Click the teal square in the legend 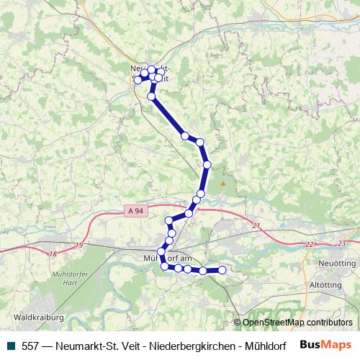[x=11, y=345]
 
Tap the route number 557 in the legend [x=31, y=345]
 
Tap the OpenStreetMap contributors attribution [x=297, y=323]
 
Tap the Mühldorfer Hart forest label [x=71, y=278]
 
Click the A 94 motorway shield [x=133, y=210]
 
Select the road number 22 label [x=310, y=245]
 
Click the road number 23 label [x=341, y=243]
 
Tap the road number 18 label [x=53, y=253]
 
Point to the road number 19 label [x=78, y=246]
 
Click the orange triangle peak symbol [x=223, y=184]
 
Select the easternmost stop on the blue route [x=222, y=270]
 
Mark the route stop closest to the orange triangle [x=207, y=165]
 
